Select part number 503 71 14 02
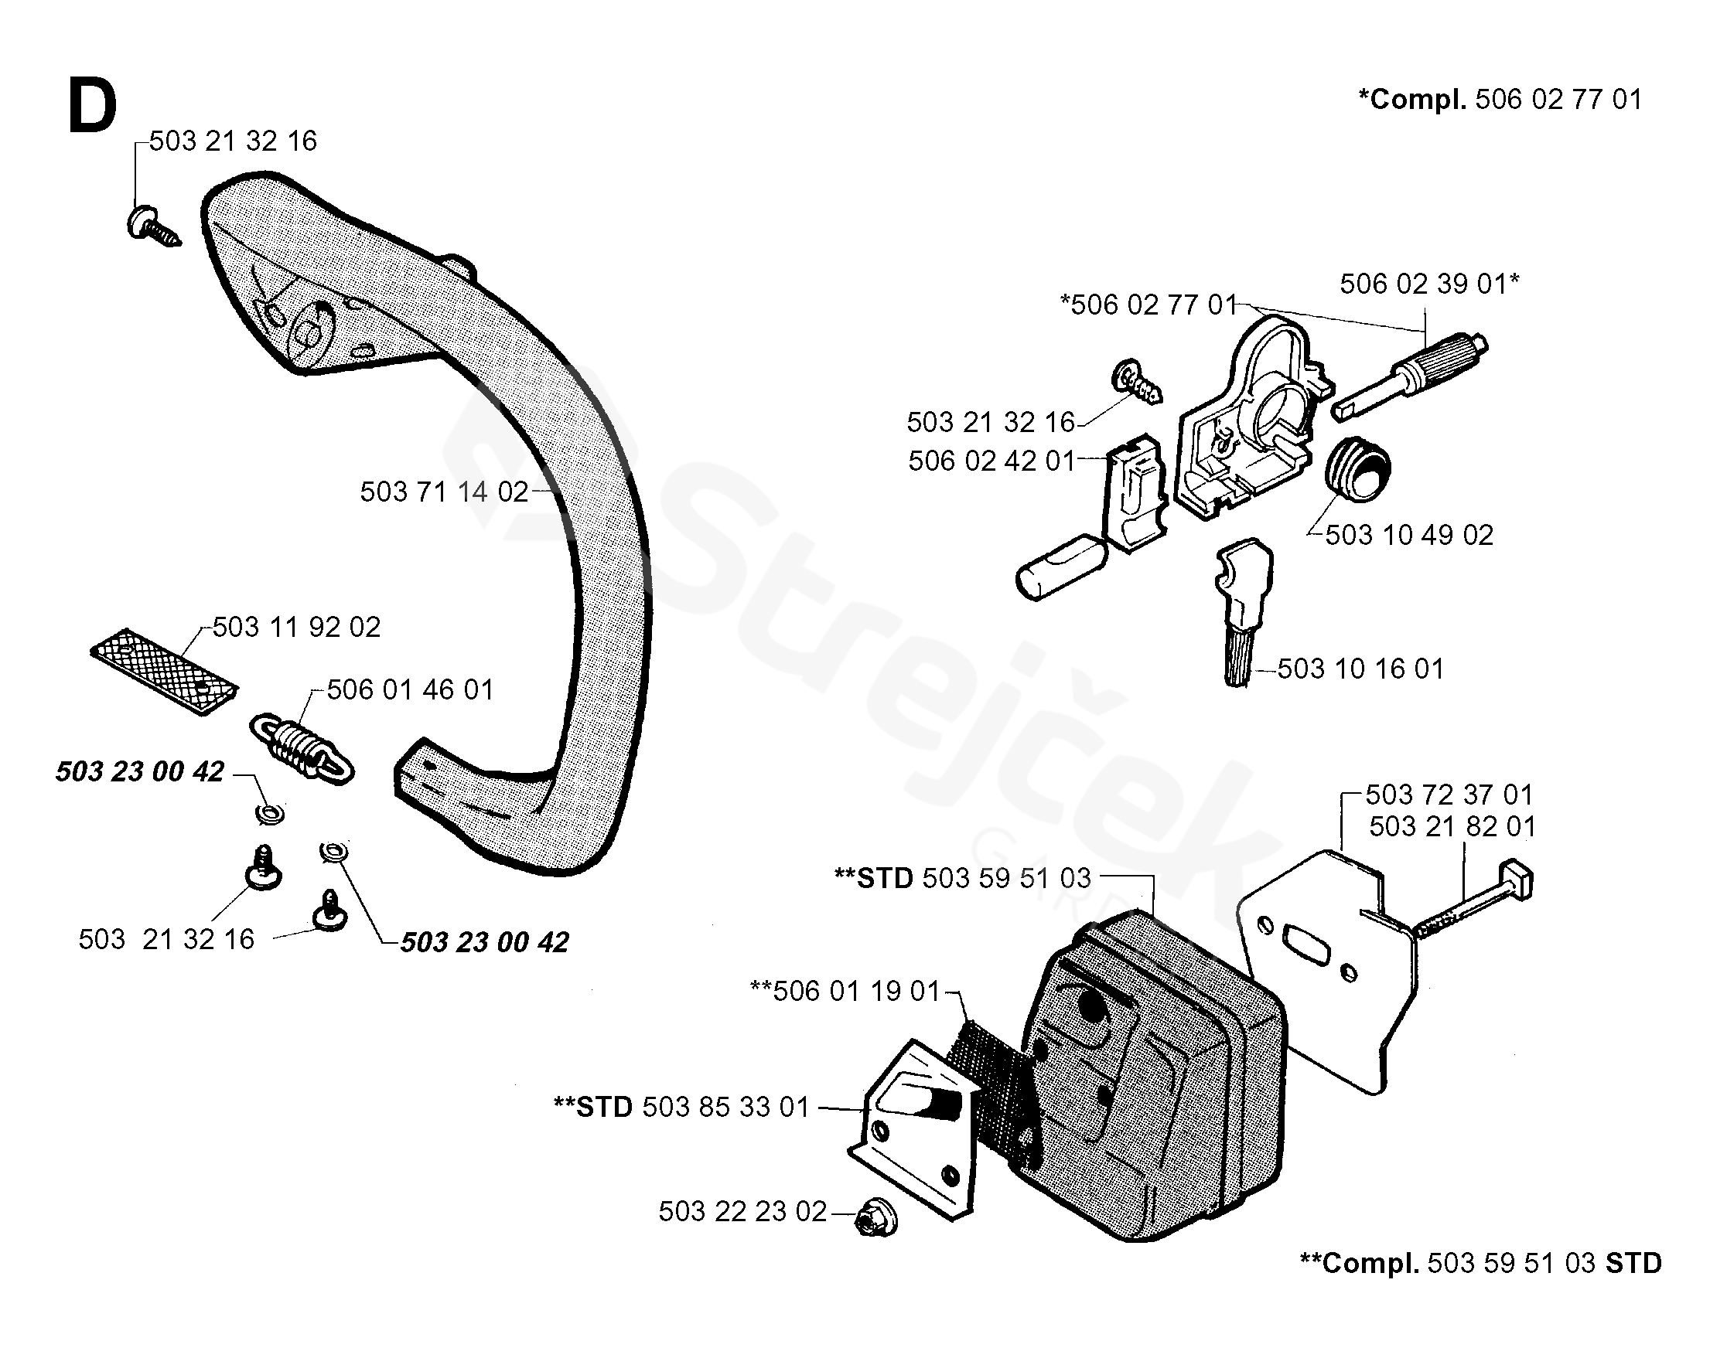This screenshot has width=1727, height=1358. tap(444, 492)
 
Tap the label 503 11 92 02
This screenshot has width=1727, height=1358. tap(296, 628)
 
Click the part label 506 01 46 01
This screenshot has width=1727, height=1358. tap(410, 689)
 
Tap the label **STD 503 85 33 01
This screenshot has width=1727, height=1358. tap(681, 1107)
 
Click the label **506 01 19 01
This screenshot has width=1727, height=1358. tap(845, 991)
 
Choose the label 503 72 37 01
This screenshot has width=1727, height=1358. tap(1449, 795)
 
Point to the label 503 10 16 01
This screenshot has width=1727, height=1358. tap(1360, 669)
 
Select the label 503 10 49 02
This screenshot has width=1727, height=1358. tap(1409, 535)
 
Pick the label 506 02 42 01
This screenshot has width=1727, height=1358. tap(991, 461)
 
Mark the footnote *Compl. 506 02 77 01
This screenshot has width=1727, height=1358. tap(1500, 100)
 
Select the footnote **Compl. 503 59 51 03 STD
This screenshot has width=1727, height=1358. tap(1480, 1264)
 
